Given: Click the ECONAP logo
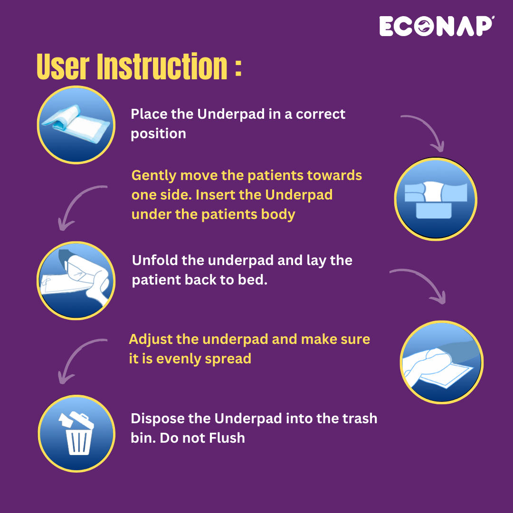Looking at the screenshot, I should tap(437, 26).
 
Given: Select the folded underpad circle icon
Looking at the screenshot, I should tap(76, 125).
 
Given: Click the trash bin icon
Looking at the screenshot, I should tap(76, 434).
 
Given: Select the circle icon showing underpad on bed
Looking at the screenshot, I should tap(436, 199).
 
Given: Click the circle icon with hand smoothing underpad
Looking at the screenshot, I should tap(441, 362).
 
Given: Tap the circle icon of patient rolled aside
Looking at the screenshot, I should tap(76, 280).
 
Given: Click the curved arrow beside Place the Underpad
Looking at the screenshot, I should tap(425, 131).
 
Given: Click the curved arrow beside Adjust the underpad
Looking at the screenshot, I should tap(78, 359).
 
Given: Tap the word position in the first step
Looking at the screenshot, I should tap(158, 133).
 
